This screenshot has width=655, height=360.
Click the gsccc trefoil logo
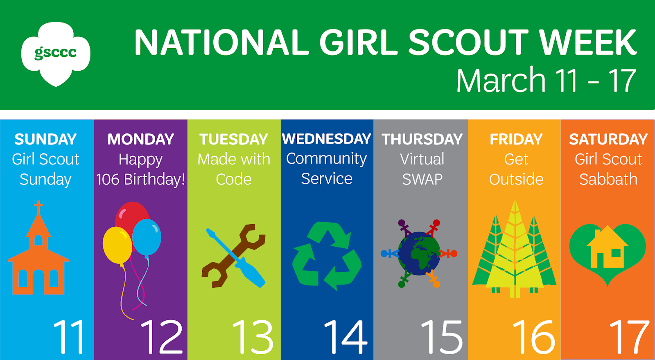56,54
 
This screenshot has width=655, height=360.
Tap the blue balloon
147,237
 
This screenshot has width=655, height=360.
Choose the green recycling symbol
327,256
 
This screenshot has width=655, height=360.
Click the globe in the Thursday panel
419,254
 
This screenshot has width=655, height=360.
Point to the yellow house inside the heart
608,247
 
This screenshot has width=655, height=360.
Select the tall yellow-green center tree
515,251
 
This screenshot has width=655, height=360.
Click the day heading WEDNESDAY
327,139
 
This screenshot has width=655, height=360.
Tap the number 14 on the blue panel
346,337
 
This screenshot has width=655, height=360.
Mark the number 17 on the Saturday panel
629,337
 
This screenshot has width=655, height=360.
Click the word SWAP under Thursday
422,180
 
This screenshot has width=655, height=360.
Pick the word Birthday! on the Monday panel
154,179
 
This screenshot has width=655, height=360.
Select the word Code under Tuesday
234,179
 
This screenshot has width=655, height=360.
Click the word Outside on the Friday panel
516,179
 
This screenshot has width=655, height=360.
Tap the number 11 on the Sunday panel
69,337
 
